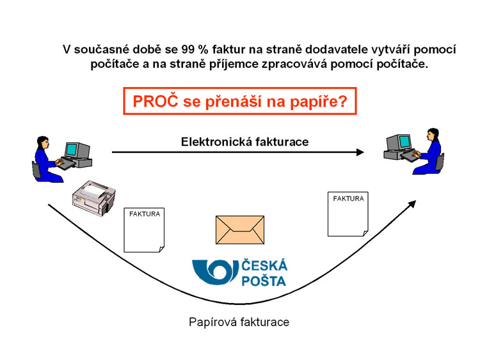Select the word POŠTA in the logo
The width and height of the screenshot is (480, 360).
(264, 281)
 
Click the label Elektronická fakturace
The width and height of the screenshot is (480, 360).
(244, 142)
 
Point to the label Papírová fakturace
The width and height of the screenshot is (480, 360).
(239, 322)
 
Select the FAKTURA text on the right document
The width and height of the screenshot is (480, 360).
(348, 199)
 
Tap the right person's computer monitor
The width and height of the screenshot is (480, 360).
(403, 142)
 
